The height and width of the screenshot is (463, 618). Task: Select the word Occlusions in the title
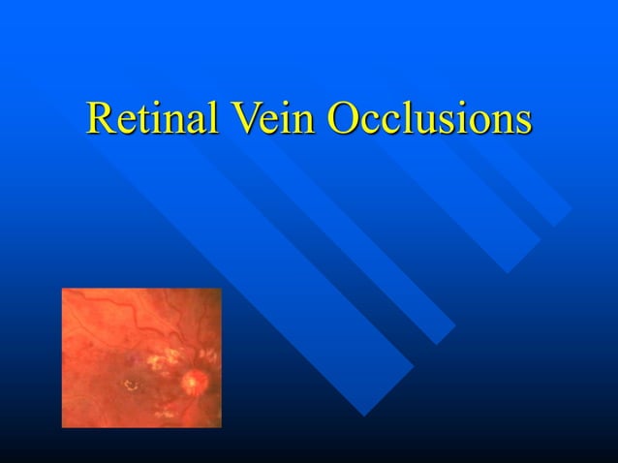click(429, 118)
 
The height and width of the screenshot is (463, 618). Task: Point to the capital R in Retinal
click(101, 118)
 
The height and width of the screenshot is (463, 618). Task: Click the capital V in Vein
click(241, 118)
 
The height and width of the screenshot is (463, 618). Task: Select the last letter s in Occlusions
click(523, 123)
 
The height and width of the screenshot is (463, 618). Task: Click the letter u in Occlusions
click(417, 123)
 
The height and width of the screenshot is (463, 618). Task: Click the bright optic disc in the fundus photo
click(195, 381)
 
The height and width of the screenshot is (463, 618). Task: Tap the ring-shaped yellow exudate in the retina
click(129, 386)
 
